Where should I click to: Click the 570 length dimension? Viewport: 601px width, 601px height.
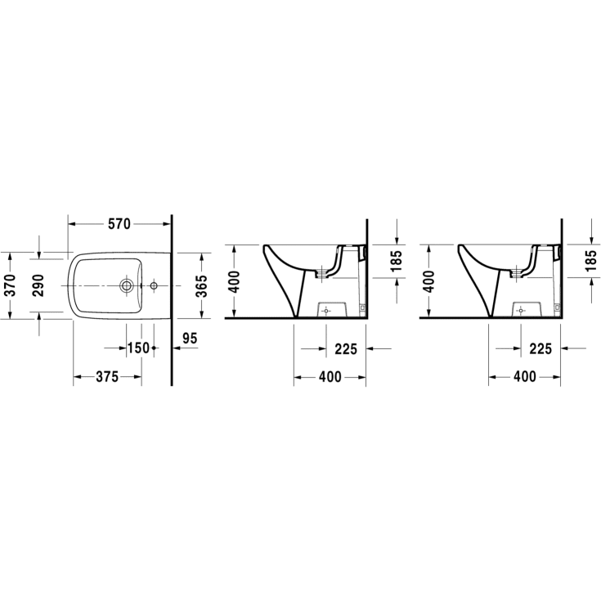(x=119, y=224)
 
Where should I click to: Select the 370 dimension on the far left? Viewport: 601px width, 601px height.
(x=11, y=285)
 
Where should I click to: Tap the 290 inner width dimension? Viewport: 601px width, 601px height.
(x=38, y=285)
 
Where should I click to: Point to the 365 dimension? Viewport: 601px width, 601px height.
(x=201, y=285)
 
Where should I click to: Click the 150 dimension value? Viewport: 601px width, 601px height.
(x=138, y=348)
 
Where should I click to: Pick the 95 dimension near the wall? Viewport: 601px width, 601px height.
(x=190, y=338)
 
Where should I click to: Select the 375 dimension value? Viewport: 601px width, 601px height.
(x=107, y=377)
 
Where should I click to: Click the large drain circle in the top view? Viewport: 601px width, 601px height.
(x=126, y=285)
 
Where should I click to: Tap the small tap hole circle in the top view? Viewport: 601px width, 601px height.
(x=154, y=285)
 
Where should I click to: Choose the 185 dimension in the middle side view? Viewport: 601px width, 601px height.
(x=397, y=261)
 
